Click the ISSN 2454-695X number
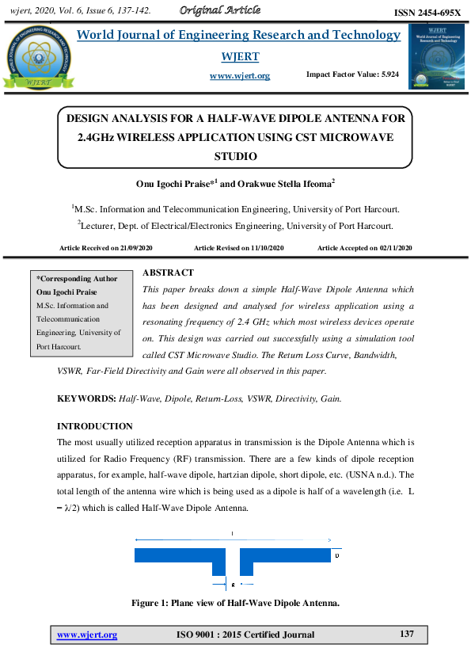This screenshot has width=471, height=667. coord(427,13)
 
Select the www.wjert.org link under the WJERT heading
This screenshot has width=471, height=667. coord(240,76)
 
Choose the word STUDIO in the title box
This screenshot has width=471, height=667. coord(236,156)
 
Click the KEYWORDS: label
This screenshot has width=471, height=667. coord(85,398)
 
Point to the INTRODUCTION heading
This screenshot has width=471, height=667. coord(95,426)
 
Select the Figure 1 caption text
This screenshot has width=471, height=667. coord(235,604)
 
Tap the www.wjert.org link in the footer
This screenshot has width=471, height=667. coord(87,635)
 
